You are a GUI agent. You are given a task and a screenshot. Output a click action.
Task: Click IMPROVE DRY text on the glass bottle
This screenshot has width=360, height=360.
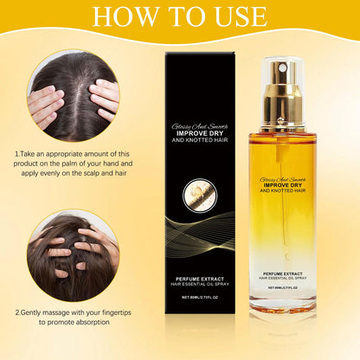(282, 183)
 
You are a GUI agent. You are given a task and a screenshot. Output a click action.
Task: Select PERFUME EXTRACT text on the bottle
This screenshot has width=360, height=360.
(282, 274)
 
